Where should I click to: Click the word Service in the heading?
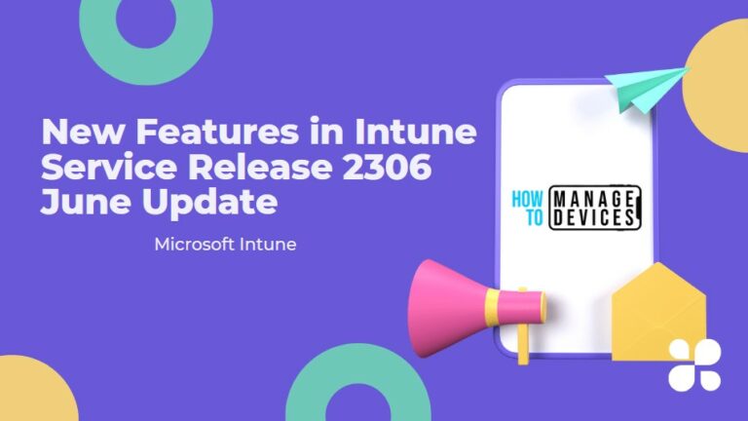[104, 168]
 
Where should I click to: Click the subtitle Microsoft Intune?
[225, 244]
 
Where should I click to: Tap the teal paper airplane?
[647, 84]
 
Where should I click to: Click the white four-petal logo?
[695, 364]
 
